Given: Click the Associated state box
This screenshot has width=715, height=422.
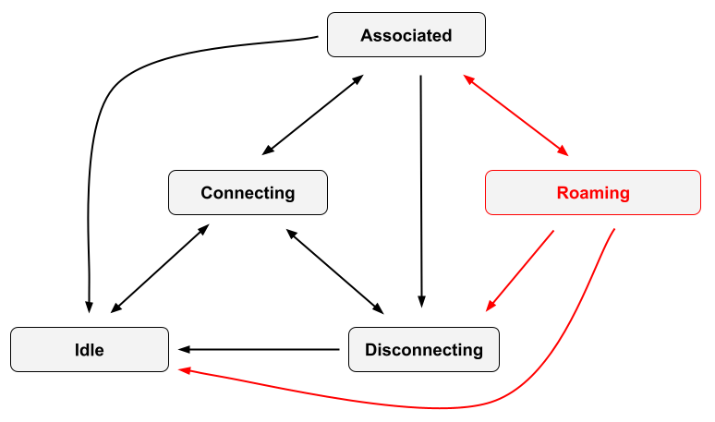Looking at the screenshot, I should [x=406, y=35].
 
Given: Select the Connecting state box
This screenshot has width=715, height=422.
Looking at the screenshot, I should [x=248, y=192].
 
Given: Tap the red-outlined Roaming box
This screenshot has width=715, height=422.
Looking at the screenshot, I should [x=593, y=193].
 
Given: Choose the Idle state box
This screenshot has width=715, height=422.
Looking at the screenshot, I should [x=90, y=349].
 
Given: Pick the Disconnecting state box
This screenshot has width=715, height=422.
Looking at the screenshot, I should [x=424, y=349].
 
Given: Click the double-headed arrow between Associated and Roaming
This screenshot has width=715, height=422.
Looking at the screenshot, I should [x=515, y=115].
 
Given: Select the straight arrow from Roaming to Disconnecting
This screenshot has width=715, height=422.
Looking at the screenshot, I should [x=520, y=271].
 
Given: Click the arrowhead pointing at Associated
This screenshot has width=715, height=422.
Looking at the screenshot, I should [x=467, y=80].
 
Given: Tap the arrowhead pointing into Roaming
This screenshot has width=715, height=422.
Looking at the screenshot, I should [x=564, y=151].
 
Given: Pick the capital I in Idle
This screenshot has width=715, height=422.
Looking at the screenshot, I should [x=78, y=350].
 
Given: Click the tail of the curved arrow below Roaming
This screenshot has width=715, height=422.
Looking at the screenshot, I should [x=614, y=229].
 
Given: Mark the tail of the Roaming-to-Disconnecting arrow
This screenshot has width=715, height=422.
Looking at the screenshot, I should [x=553, y=231].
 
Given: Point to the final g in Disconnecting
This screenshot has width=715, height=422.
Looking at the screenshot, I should [x=477, y=352].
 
